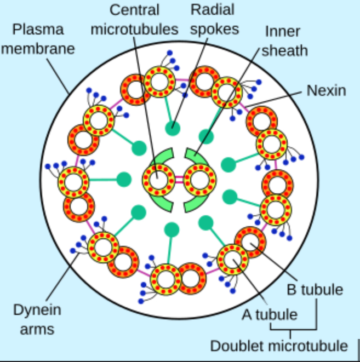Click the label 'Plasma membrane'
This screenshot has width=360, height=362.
tap(38, 38)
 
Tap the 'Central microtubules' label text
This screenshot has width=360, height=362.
tap(135, 19)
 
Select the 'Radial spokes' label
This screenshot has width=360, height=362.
tap(213, 19)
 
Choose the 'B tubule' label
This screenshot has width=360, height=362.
tap(315, 289)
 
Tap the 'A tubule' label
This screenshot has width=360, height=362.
tap(270, 314)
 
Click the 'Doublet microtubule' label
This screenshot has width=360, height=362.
tap(279, 346)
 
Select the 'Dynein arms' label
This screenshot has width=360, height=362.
tap(37, 319)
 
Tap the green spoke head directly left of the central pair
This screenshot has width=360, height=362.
tap(124, 179)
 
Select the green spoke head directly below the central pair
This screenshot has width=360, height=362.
tap(173, 229)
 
